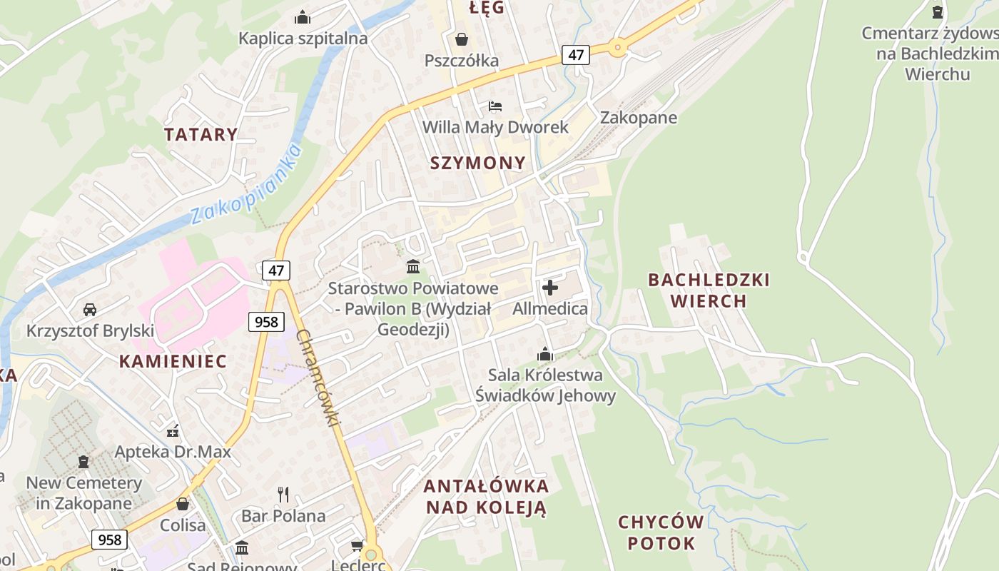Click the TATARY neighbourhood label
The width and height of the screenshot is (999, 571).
click(201, 134)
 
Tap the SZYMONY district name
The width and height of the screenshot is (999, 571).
click(477, 163)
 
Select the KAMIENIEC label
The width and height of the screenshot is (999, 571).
click(173, 361)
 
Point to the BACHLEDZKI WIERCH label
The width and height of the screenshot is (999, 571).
click(709, 290)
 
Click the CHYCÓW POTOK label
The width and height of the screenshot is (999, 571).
click(661, 532)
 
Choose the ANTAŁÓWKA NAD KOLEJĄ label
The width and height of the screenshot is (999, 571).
click(486, 497)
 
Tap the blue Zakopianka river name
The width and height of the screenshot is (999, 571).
click(247, 184)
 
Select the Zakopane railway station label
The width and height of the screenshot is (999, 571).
click(638, 118)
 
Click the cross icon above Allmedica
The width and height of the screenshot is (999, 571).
click(550, 288)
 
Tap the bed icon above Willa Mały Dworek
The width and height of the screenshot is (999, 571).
click(495, 106)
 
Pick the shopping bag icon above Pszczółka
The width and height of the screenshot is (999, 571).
click(462, 39)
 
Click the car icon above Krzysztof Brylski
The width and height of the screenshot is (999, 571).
click(90, 310)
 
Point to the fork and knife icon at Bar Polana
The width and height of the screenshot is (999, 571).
click(283, 494)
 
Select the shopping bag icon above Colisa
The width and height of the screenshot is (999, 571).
click(183, 504)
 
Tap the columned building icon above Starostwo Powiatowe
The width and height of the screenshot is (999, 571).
click(413, 267)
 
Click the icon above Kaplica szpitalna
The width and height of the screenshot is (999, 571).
click(303, 16)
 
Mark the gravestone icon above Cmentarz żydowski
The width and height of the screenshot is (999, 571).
click(938, 11)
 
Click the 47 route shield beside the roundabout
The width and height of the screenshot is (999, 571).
click(575, 54)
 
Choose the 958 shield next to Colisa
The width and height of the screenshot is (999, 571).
click(109, 539)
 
